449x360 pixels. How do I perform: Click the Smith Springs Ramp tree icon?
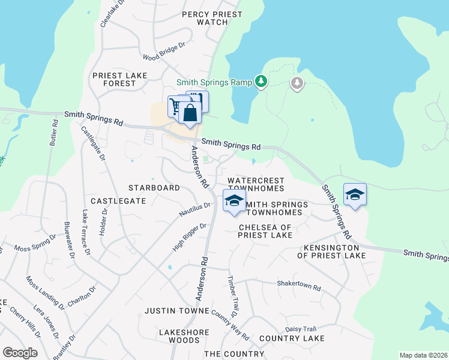[261, 82]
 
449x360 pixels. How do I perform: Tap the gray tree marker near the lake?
[297, 83]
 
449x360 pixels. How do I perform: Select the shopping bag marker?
[190, 113]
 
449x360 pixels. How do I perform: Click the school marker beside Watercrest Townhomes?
[234, 202]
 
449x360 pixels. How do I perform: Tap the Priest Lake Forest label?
[114, 79]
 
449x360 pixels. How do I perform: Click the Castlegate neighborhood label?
[118, 200]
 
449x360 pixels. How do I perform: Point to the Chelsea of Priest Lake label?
[265, 231]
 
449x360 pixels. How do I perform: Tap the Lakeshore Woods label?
[184, 336]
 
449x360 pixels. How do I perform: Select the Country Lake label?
[292, 338]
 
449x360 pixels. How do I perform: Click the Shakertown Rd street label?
[299, 286]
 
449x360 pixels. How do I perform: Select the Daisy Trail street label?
[300, 329]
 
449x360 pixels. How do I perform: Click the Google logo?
[20, 353]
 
